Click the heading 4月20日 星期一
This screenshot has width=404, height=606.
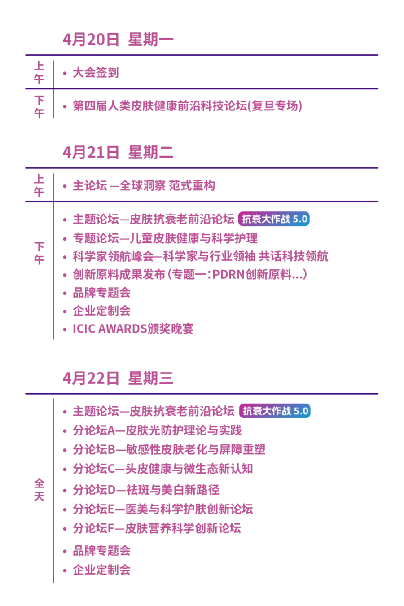(x=118, y=40)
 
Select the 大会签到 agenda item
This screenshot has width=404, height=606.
(x=95, y=73)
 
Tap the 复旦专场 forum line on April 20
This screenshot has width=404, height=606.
(x=187, y=106)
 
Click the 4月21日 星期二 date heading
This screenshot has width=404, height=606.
(x=118, y=153)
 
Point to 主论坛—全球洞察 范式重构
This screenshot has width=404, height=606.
(x=144, y=186)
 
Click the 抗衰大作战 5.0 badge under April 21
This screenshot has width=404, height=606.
(x=275, y=219)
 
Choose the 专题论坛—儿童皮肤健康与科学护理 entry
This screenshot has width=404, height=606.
(x=165, y=238)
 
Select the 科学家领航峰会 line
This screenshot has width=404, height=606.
(x=201, y=256)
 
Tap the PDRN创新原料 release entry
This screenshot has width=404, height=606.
(x=190, y=274)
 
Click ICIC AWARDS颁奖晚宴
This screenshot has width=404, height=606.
(x=133, y=329)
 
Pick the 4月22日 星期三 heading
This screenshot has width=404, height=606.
(x=118, y=378)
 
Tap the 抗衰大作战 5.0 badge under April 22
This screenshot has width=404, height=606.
(x=275, y=411)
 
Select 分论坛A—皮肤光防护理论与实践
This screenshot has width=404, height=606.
(x=157, y=430)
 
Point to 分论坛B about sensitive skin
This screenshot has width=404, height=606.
(x=169, y=449)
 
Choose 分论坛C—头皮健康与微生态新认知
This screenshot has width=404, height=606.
(x=163, y=469)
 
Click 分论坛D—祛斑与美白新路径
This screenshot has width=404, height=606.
(x=146, y=490)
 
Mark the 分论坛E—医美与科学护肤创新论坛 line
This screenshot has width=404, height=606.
(x=163, y=509)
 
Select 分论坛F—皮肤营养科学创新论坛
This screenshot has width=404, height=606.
(x=157, y=528)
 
